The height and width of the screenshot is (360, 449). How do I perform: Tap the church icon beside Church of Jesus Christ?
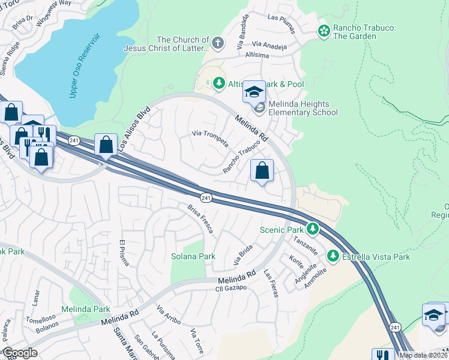[217, 43]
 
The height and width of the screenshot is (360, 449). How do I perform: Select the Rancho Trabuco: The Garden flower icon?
[324, 30]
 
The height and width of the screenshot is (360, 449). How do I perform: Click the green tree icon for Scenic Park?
[312, 229]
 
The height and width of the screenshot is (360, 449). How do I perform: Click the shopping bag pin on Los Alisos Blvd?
[106, 145]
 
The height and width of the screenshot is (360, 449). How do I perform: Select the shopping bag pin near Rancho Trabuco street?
[262, 171]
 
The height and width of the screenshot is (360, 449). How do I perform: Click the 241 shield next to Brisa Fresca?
[205, 197]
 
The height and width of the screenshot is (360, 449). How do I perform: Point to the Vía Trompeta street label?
[209, 137]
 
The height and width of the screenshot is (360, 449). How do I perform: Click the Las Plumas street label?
[282, 18]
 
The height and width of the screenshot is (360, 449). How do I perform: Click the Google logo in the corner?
[20, 352]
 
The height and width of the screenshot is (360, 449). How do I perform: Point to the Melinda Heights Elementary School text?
[303, 108]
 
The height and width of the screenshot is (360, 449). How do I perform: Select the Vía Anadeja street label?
[270, 45]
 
